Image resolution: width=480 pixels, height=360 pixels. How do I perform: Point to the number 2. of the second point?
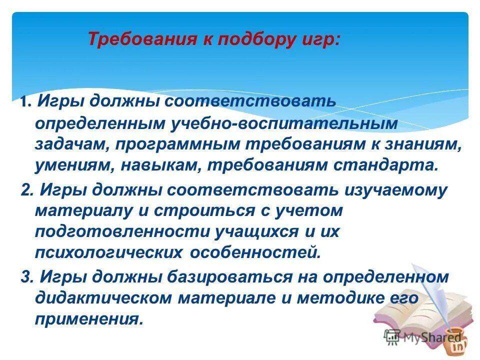point(27,190)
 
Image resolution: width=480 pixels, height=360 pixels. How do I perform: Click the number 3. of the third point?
point(27,277)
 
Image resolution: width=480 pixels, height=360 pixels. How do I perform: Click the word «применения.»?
point(85,318)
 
